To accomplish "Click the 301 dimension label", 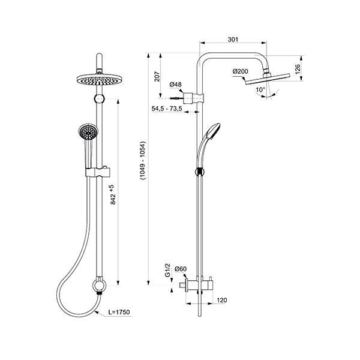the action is point(233,40).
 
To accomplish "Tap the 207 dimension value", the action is point(157,76).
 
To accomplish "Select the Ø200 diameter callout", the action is point(241,71).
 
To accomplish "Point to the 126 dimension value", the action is point(298,69).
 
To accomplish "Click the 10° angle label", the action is point(260,89).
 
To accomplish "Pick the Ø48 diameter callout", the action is point(176,85).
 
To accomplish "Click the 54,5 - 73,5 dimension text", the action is point(167,109).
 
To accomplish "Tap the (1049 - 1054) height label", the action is point(143,160).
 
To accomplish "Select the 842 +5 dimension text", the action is point(113,194).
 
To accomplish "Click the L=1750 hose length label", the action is point(119,312).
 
